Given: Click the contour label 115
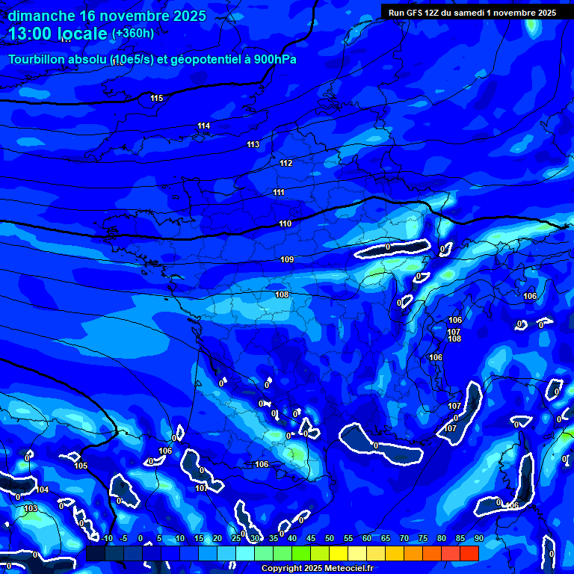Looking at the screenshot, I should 156,99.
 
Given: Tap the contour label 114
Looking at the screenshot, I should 204,126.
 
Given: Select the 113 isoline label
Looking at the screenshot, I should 253,144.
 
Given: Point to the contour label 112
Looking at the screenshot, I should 286,163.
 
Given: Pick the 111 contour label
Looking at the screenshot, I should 279,193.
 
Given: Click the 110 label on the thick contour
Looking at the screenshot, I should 285,223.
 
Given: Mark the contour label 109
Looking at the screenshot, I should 287,259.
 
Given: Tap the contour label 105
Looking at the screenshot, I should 81,466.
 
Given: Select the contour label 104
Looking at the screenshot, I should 43,490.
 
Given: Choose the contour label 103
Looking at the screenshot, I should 31,508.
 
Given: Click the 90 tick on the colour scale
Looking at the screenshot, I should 478,538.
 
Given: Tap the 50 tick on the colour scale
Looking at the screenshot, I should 330,538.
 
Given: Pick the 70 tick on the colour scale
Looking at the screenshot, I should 404,538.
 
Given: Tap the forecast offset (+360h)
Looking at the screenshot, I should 133,33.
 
